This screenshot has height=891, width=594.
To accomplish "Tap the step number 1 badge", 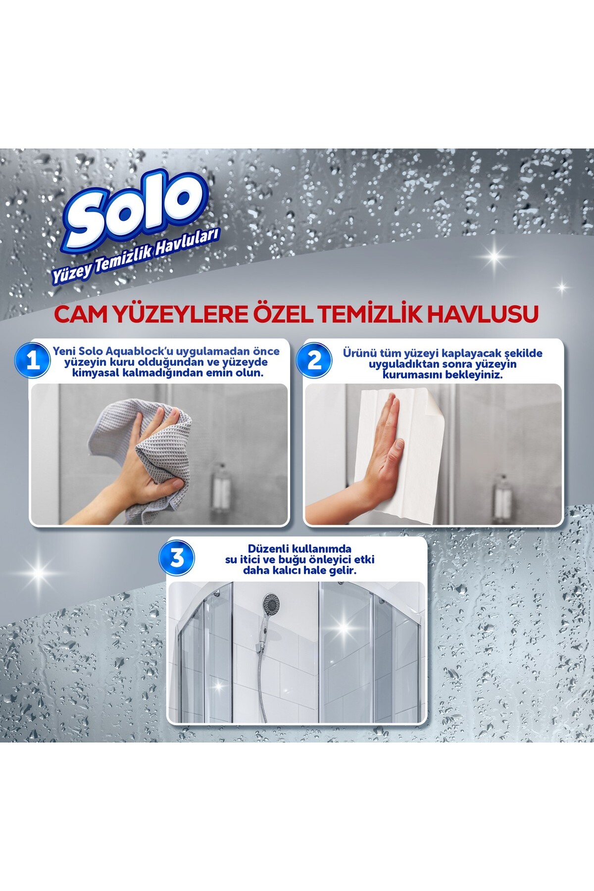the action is click(x=33, y=361).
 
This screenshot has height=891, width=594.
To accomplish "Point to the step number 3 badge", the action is click(x=177, y=559).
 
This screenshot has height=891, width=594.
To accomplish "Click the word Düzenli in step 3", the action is click(x=269, y=549).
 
